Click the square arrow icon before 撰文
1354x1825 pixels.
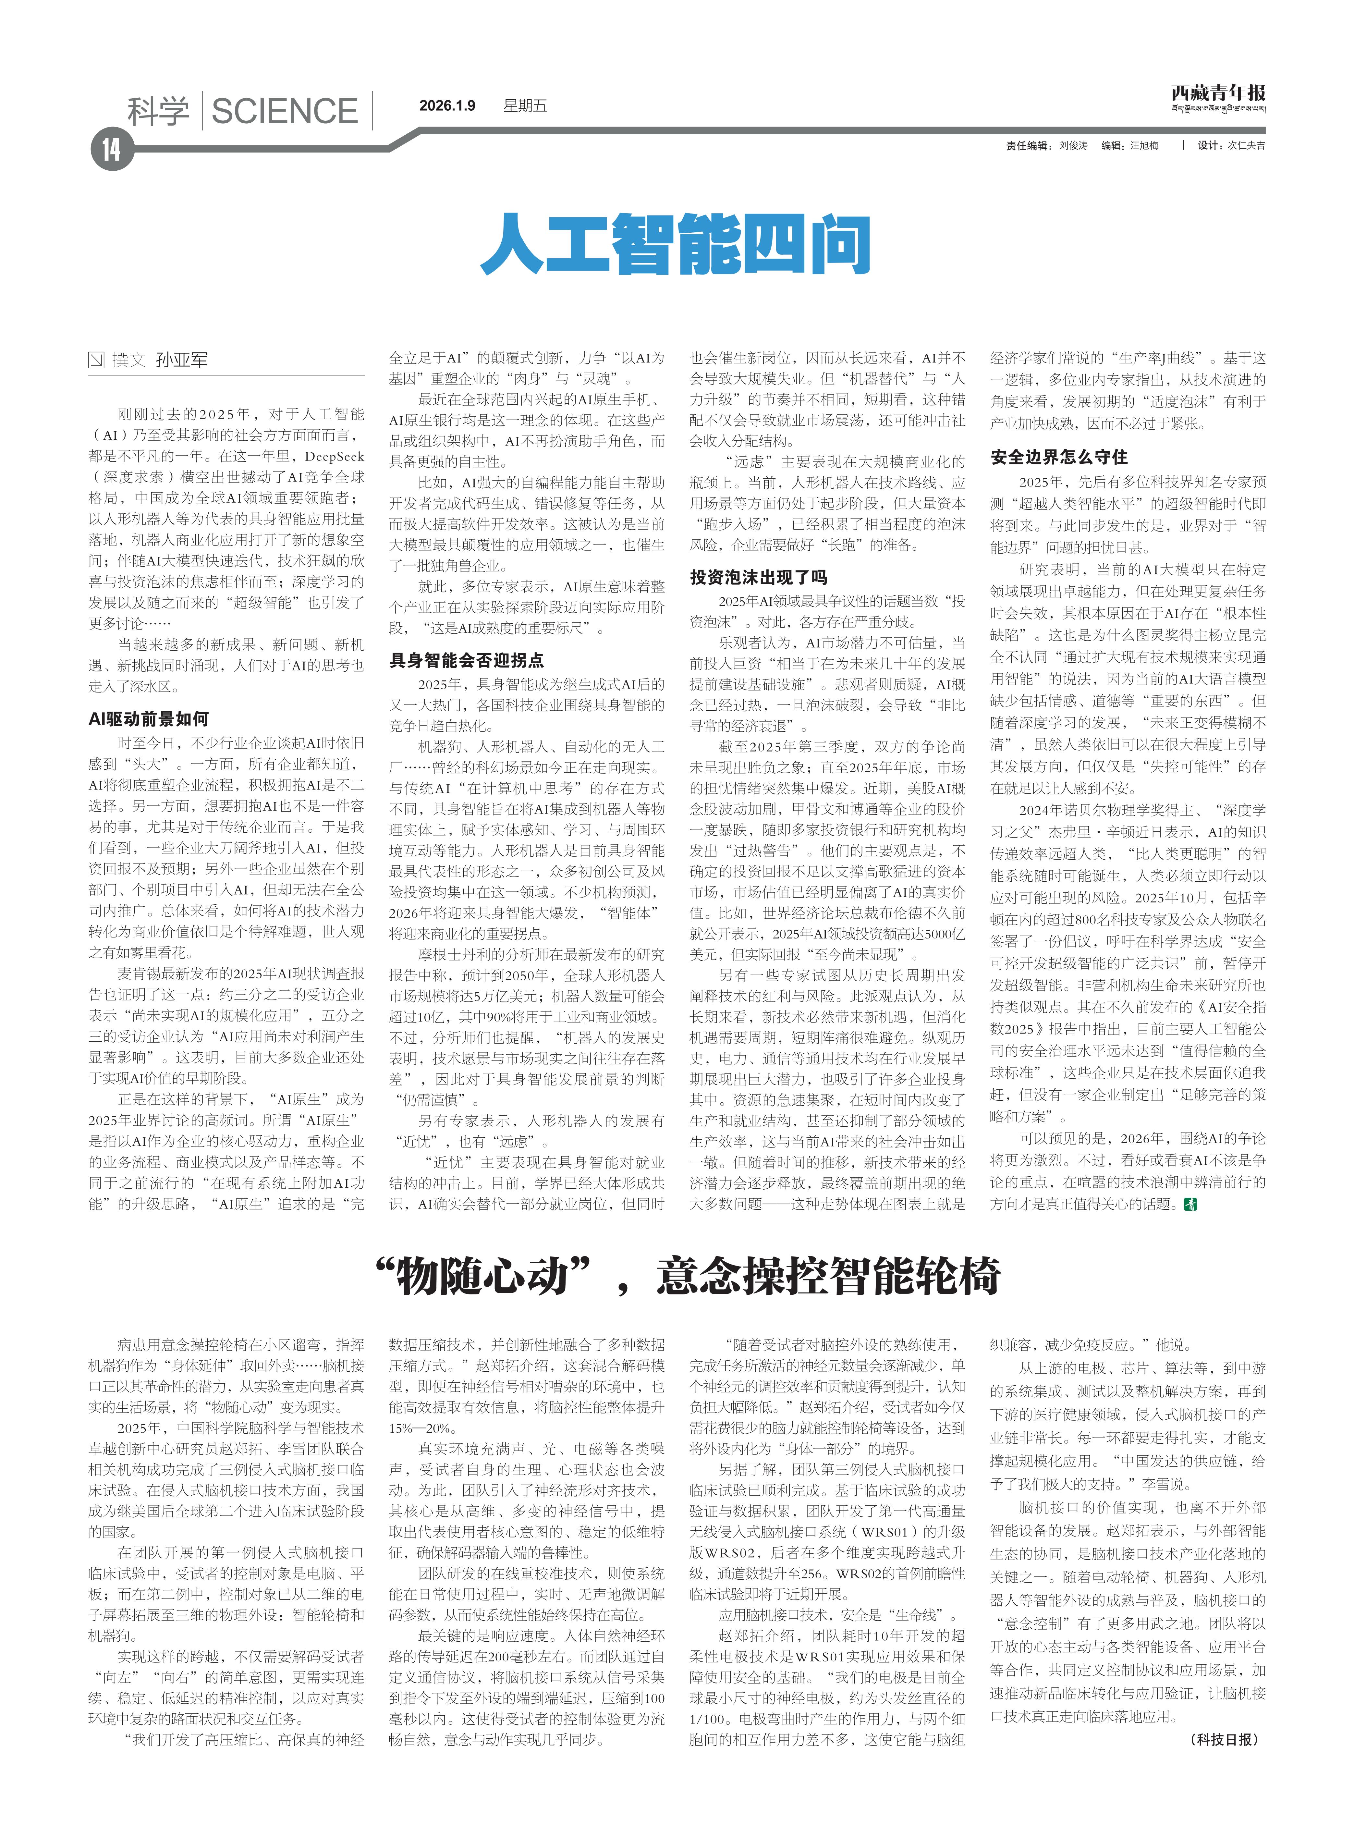97,360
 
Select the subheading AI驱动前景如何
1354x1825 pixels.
148,719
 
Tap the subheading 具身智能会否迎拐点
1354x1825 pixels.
466,660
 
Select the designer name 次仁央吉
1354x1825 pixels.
1246,145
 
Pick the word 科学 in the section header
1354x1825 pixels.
158,111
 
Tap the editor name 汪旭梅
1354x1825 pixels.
1144,145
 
